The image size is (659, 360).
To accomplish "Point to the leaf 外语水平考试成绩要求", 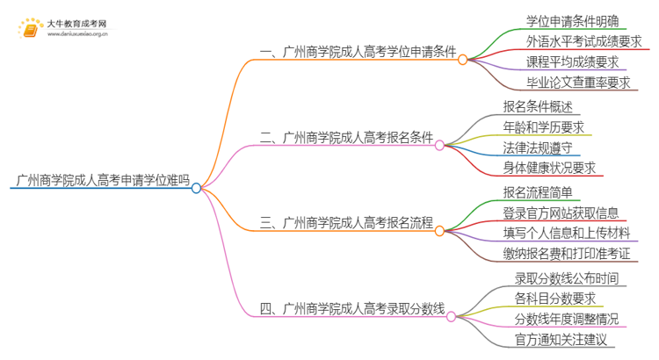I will pos(583,41).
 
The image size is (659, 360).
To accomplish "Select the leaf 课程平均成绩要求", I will pos(572,62).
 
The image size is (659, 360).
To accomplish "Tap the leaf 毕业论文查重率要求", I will pos(578,83).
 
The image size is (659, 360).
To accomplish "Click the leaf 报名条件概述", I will pos(538,106).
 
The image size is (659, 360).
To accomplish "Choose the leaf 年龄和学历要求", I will pos(544,126).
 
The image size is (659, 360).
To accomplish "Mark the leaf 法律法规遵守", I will pos(538,148).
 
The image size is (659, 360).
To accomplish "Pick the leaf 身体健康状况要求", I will pos(549,169).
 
